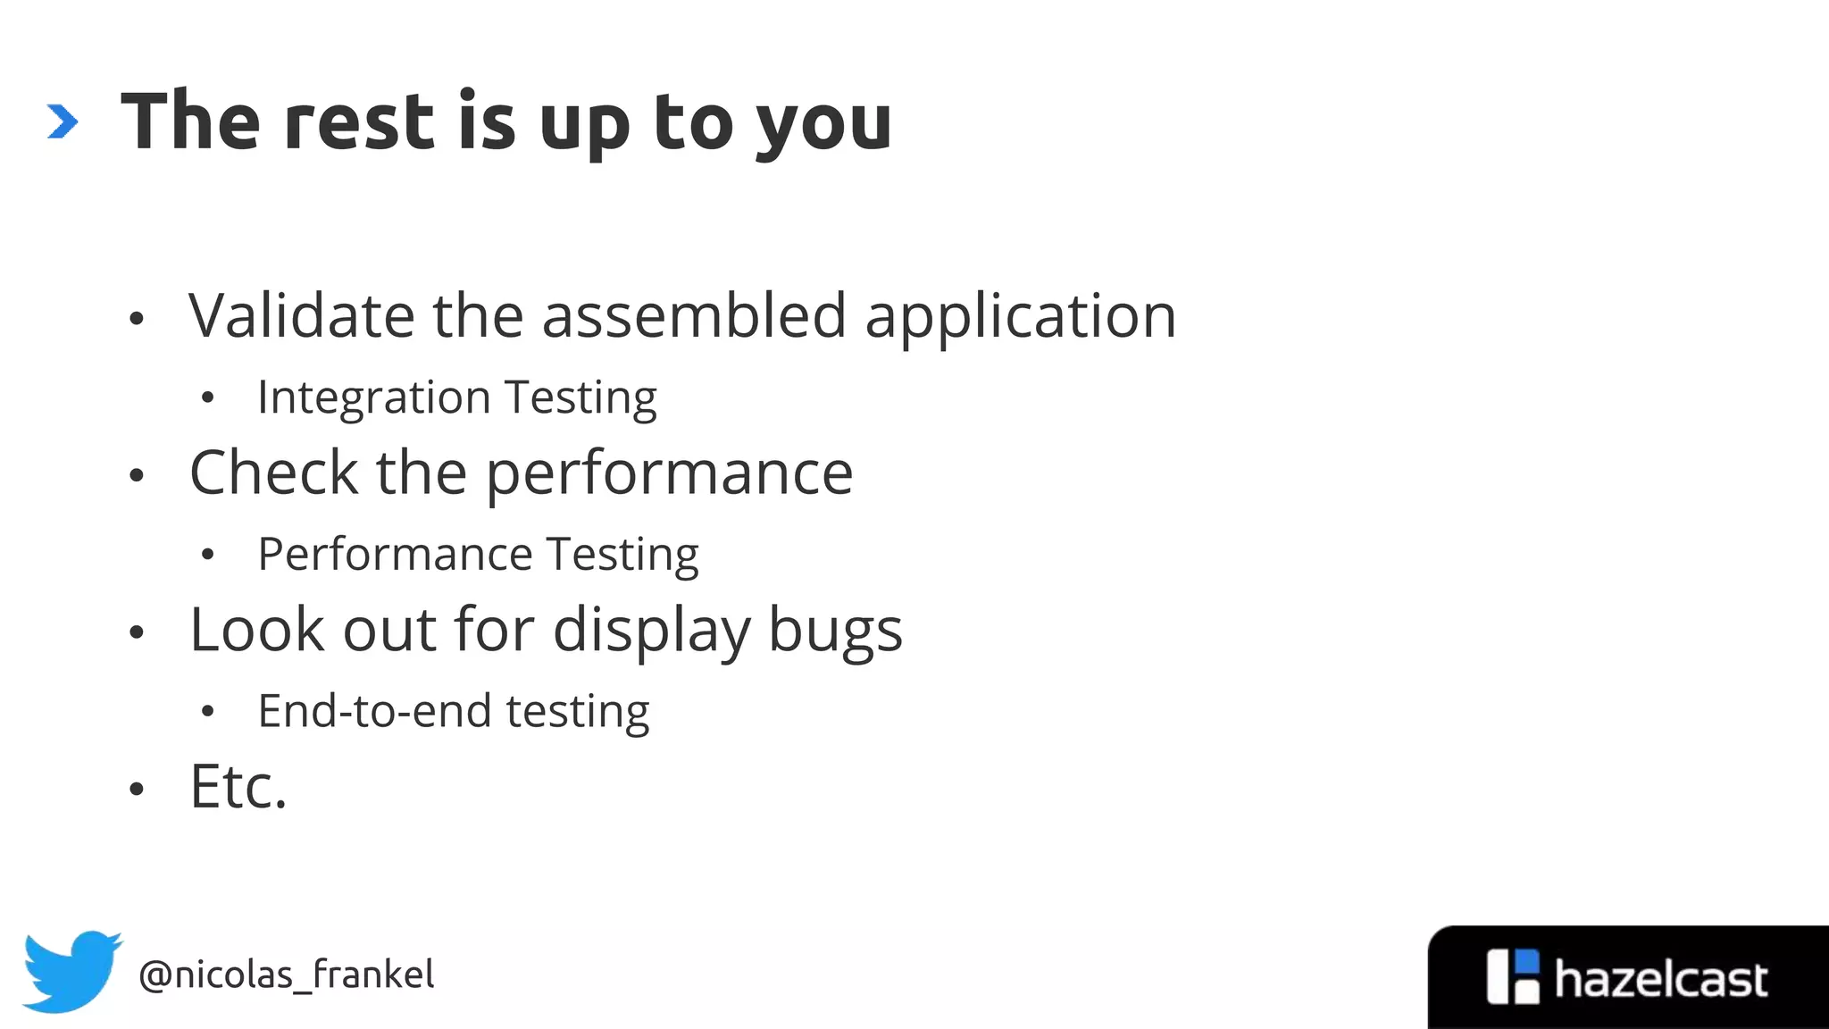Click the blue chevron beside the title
tap(63, 122)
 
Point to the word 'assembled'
tap(694, 316)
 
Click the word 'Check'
tap(273, 473)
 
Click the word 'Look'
tap(257, 630)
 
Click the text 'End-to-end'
tap(375, 712)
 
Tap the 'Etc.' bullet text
tap(238, 787)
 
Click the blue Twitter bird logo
tap(71, 971)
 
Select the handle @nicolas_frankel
tap(287, 975)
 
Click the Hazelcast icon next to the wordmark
tap(1513, 977)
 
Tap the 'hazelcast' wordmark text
tap(1660, 979)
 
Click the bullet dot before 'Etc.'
tap(137, 790)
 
